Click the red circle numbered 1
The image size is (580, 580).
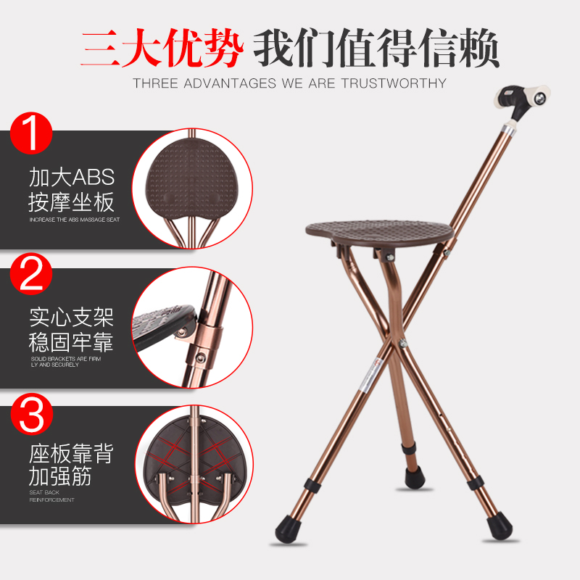pos(31,133)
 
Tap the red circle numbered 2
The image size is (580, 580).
pos(31,274)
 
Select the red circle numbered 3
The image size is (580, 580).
pos(32,413)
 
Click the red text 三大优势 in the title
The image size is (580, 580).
pos(162,48)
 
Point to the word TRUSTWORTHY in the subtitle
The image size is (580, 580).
pos(394,83)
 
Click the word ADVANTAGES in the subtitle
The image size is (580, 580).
pos(230,83)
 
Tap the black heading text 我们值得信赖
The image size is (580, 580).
pos(376,48)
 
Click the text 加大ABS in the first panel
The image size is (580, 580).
pos(72,177)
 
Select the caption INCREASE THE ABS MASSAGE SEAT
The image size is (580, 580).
pos(75,220)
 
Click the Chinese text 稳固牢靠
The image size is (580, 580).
pos(71,342)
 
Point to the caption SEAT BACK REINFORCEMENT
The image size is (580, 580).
pos(51,496)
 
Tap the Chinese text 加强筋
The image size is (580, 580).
pos(60,476)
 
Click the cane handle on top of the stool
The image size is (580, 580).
pos(522,102)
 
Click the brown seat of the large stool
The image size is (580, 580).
pos(379,231)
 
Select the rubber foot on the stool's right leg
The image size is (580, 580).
pos(500,525)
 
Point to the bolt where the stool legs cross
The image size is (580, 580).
pos(404,343)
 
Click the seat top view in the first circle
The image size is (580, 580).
pos(191,178)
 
